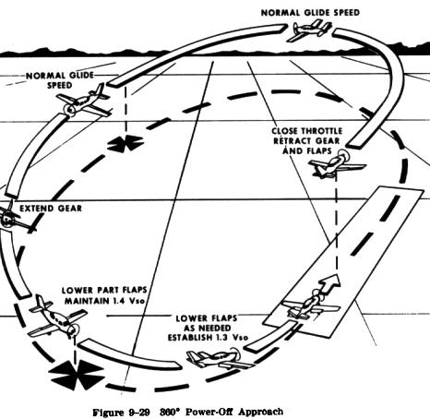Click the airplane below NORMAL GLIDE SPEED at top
pos(309,30)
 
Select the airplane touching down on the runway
pos(311,305)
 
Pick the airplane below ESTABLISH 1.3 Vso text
pos(219,358)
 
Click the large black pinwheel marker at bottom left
pos(77,375)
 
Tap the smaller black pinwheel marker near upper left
pos(125,143)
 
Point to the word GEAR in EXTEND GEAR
pos(70,209)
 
